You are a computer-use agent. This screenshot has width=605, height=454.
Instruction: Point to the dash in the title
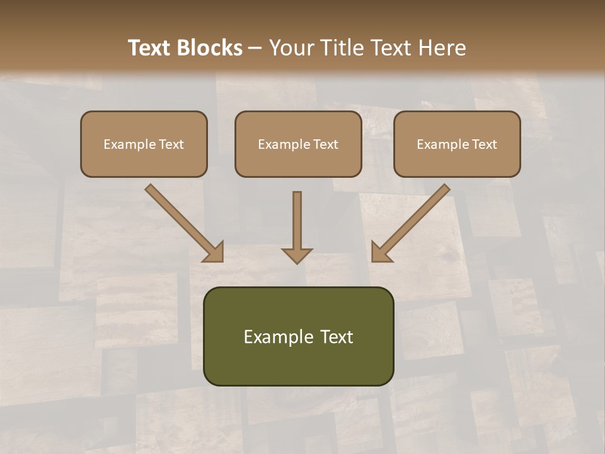255,49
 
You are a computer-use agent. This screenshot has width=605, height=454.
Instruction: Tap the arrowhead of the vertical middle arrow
297,255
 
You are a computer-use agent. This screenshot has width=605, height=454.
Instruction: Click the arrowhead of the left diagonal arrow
214,252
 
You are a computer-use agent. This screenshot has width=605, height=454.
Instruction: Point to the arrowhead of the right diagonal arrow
380,252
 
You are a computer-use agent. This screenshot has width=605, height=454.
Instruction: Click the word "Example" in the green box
271,337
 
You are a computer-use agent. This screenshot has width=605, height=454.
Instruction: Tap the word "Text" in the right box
484,144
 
